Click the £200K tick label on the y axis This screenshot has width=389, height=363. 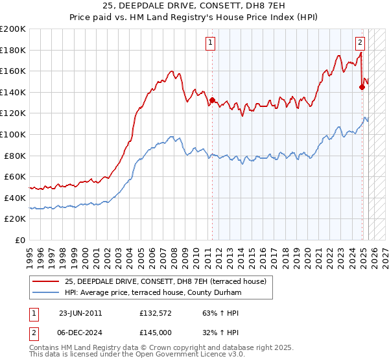point(13,29)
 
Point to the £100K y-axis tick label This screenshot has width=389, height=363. point(13,134)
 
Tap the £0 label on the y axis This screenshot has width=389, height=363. point(21,240)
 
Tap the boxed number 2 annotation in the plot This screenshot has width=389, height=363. point(360,43)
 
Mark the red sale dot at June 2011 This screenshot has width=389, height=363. point(212,100)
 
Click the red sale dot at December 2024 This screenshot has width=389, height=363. point(362,87)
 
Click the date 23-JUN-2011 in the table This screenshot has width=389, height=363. point(80,313)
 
